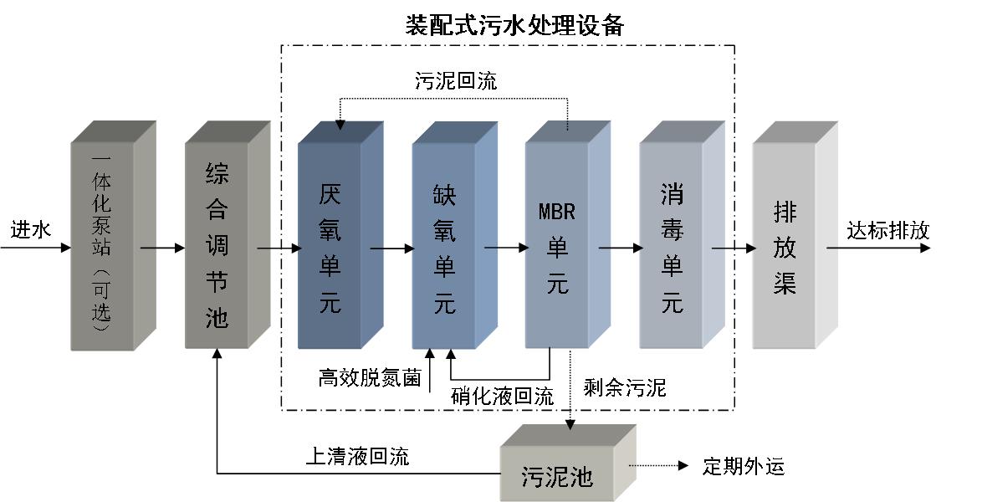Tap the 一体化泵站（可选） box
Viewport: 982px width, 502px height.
(102, 243)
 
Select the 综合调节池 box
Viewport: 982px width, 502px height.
(217, 243)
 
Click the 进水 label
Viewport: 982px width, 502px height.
(31, 229)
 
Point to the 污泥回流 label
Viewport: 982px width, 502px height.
(456, 81)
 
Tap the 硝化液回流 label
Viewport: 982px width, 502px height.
(502, 396)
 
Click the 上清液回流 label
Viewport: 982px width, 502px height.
(357, 456)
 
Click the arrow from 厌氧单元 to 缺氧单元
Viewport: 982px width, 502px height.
(391, 248)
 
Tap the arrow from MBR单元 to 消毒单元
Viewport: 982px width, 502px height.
(620, 248)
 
